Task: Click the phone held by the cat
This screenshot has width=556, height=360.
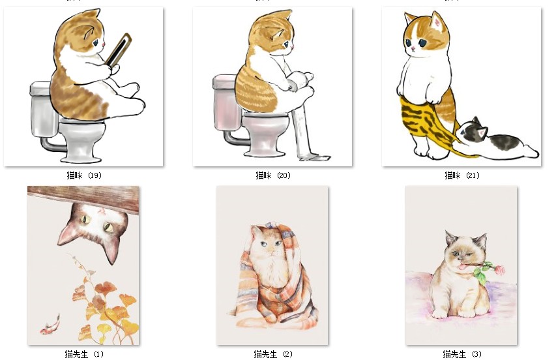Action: [119, 50]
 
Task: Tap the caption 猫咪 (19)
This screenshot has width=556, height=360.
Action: [84, 175]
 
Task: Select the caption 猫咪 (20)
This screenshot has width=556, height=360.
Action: [273, 175]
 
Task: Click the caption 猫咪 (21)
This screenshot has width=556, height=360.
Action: [462, 175]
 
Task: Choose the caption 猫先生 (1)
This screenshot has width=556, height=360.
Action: [84, 354]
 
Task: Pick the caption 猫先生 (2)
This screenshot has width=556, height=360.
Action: [273, 354]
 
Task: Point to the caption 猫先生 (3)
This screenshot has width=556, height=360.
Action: [462, 354]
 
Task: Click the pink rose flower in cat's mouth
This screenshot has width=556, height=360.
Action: [499, 270]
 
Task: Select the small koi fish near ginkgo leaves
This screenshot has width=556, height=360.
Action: [50, 325]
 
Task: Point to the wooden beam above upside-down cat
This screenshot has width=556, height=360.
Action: [83, 199]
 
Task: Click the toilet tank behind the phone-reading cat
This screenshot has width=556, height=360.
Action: [42, 110]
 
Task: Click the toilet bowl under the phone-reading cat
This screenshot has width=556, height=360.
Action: [82, 139]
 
